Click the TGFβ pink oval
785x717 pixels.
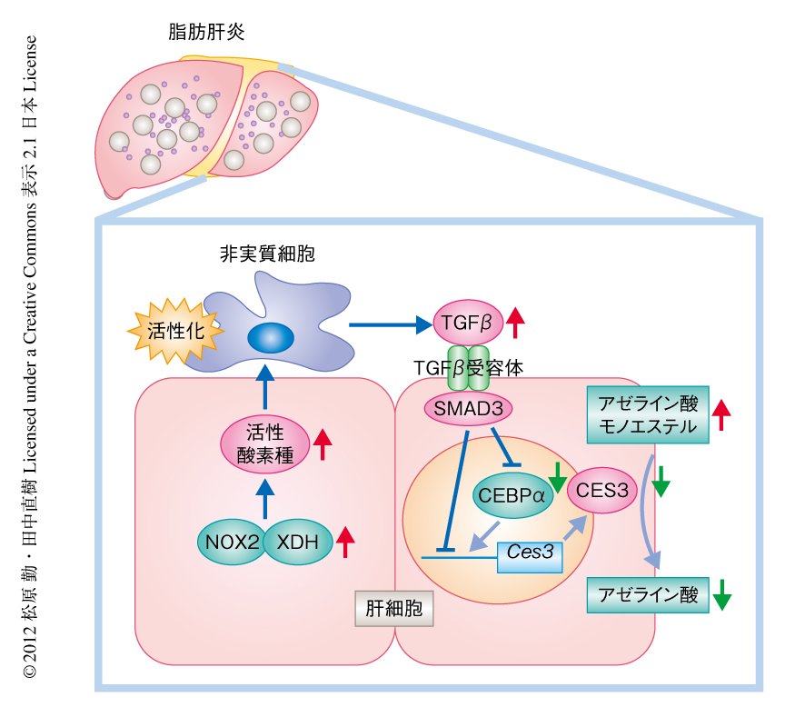pyautogui.click(x=466, y=322)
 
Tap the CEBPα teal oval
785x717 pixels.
pyautogui.click(x=510, y=496)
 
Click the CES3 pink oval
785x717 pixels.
pyautogui.click(x=598, y=491)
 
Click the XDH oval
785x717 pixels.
pyautogui.click(x=296, y=543)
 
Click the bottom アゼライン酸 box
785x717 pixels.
pyautogui.click(x=648, y=595)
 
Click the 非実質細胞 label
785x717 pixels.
pyautogui.click(x=267, y=255)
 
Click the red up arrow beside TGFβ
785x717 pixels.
pyautogui.click(x=516, y=321)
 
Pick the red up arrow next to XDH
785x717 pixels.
pyautogui.click(x=345, y=542)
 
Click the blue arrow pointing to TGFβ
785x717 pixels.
pyautogui.click(x=390, y=323)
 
